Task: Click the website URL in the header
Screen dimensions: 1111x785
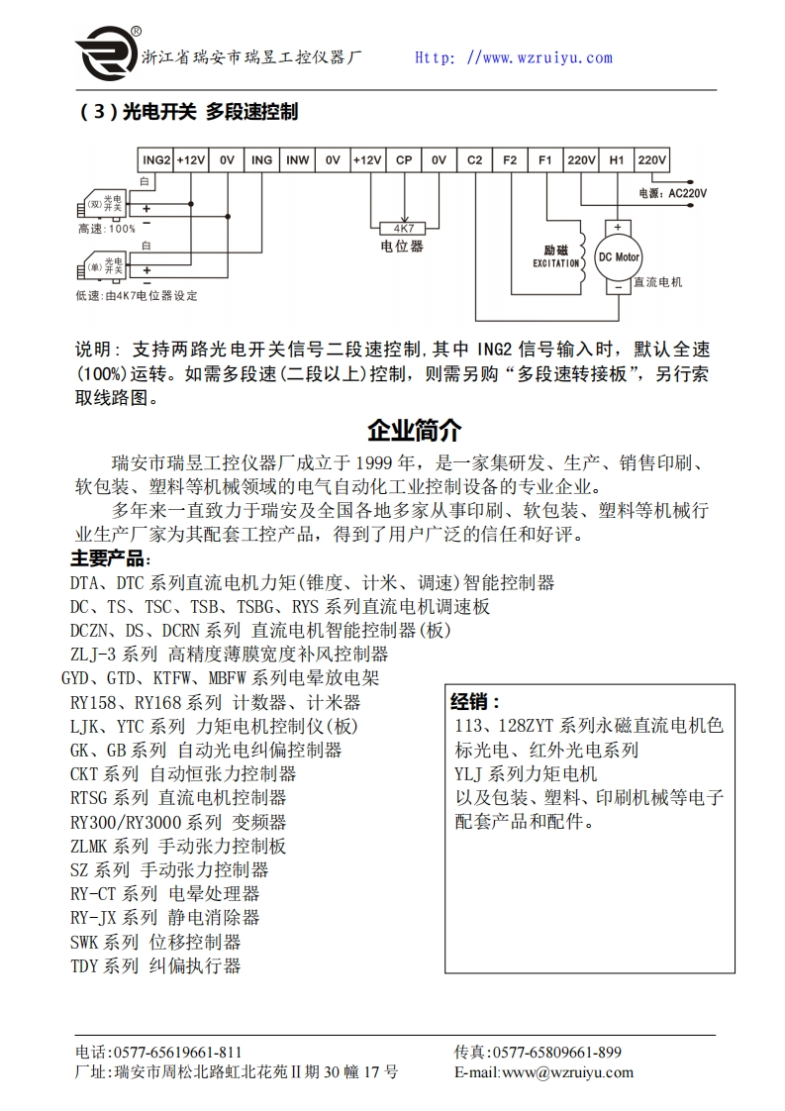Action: [513, 57]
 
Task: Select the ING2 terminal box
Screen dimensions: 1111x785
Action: [156, 159]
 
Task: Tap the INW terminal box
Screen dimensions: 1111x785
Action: [297, 159]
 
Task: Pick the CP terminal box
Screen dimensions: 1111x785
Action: [404, 159]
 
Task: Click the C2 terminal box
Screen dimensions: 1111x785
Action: [475, 159]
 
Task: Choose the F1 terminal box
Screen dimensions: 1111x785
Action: [545, 159]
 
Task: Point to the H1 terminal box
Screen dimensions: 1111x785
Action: [616, 159]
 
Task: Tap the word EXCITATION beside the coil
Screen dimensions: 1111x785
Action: [555, 263]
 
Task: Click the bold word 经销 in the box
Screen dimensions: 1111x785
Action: [474, 702]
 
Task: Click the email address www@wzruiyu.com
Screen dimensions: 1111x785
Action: [567, 1072]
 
